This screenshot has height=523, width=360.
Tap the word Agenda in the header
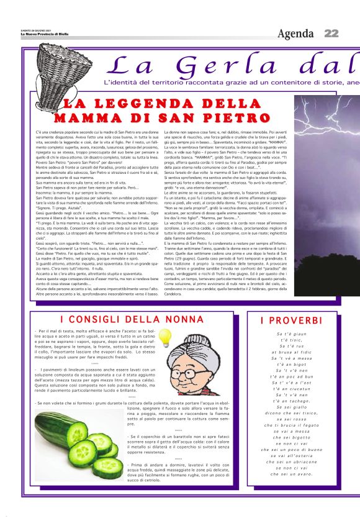tap(295, 34)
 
